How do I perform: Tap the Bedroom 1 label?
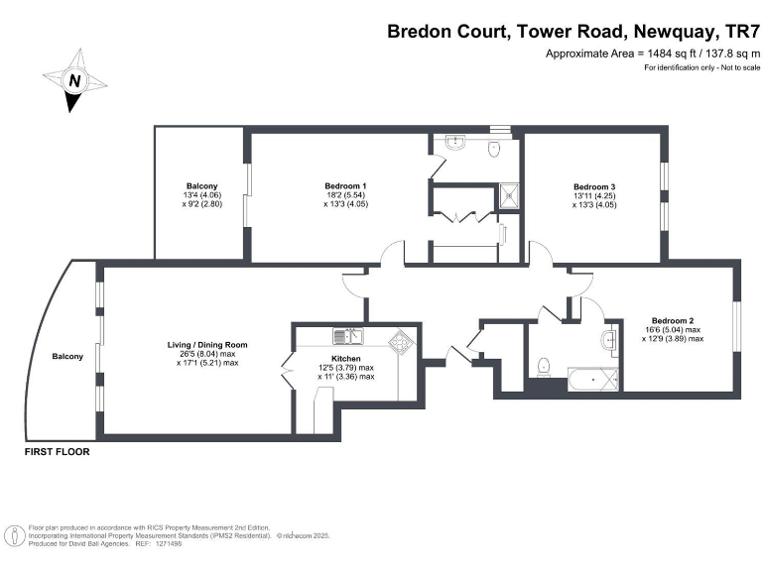click(345, 186)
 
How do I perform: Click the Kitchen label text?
click(346, 358)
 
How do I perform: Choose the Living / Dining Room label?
click(206, 344)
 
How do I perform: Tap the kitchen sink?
click(348, 336)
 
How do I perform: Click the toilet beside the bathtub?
click(543, 368)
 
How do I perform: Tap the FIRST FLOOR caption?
click(58, 451)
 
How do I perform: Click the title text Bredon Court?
click(446, 32)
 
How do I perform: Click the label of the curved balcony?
click(68, 356)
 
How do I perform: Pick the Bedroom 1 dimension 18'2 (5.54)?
click(345, 195)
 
